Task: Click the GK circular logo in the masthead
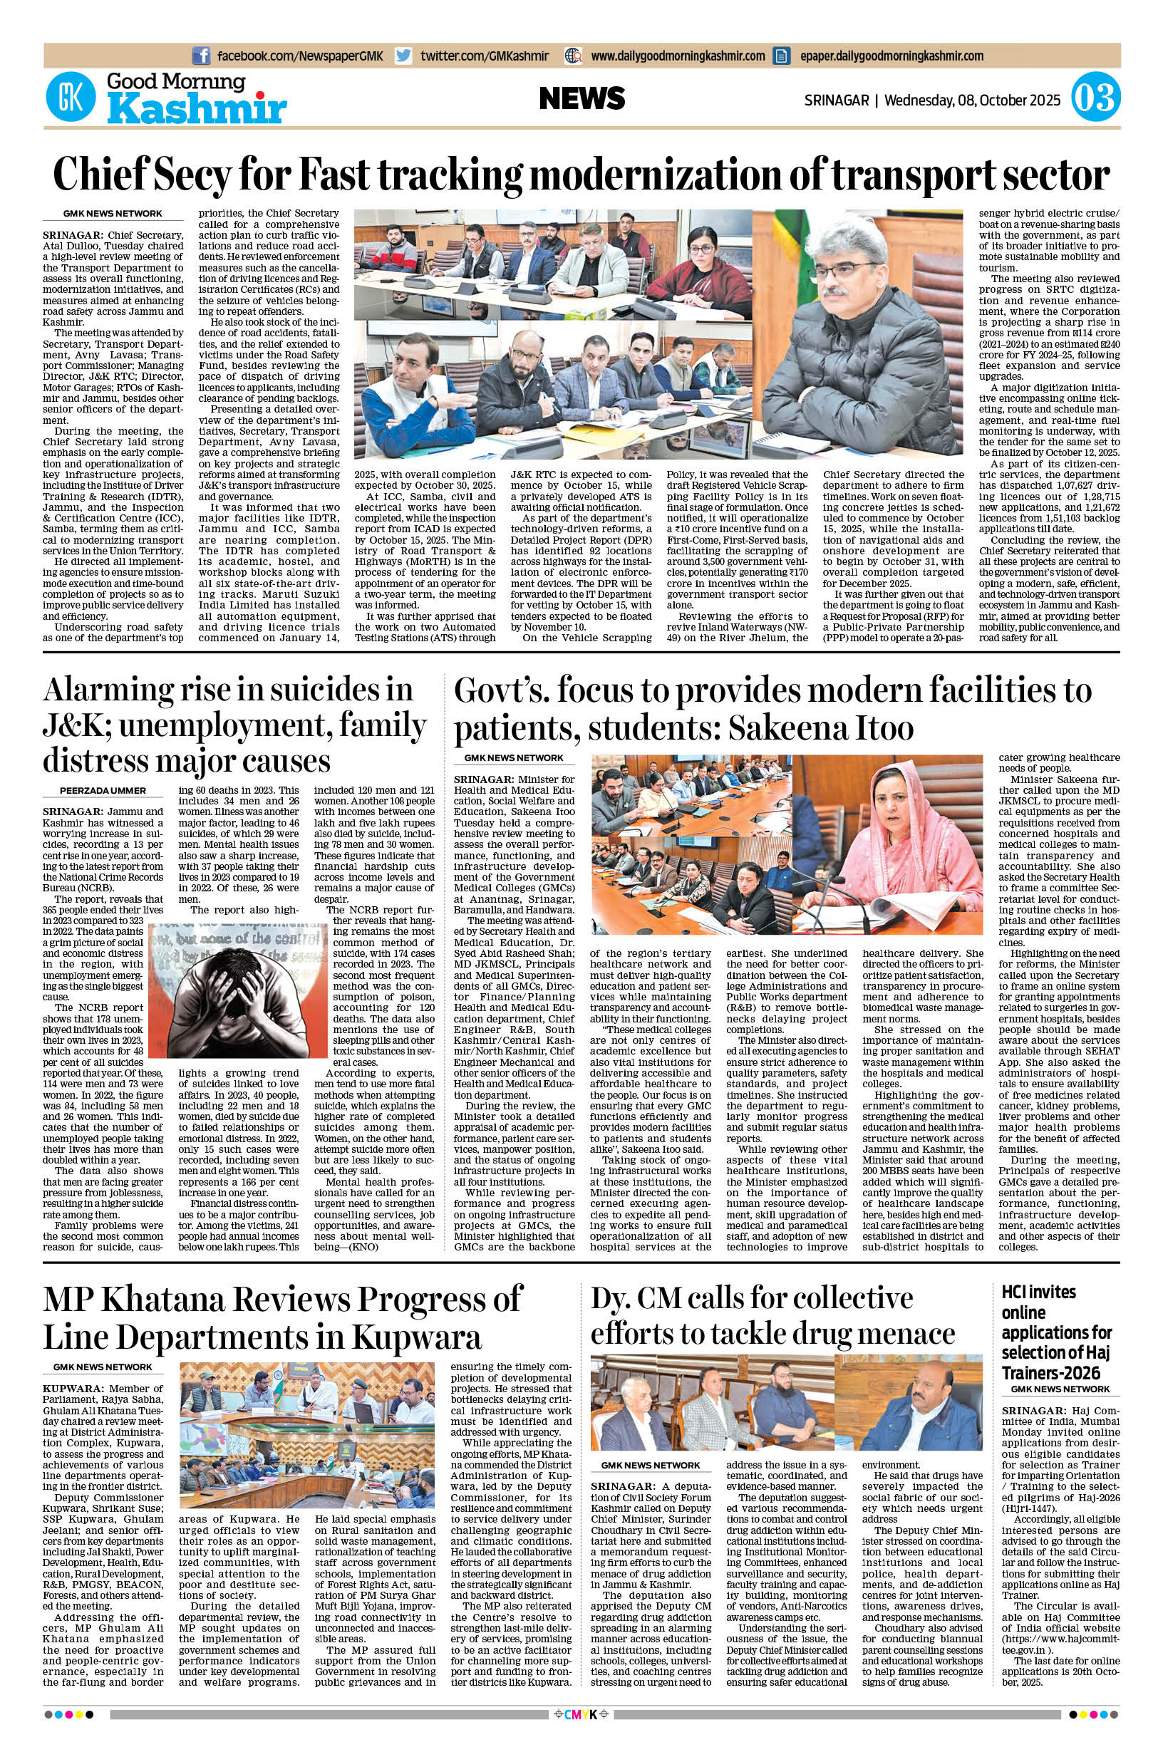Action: pyautogui.click(x=71, y=97)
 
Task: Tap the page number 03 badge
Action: pyautogui.click(x=1094, y=98)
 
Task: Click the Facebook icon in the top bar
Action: pyautogui.click(x=200, y=56)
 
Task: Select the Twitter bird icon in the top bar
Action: pyautogui.click(x=403, y=56)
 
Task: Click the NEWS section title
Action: pyautogui.click(x=581, y=98)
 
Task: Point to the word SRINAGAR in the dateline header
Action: pyautogui.click(x=836, y=99)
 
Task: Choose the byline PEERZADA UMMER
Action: pyautogui.click(x=103, y=791)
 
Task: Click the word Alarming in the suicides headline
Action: pyautogui.click(x=102, y=690)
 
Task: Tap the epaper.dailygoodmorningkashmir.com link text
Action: pyautogui.click(x=891, y=56)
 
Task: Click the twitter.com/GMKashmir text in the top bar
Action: pyautogui.click(x=485, y=56)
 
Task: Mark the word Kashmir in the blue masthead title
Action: pyautogui.click(x=197, y=110)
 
